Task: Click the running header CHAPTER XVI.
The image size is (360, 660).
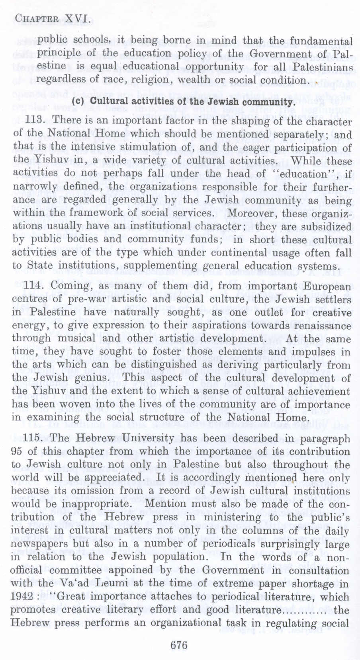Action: tap(51, 18)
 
